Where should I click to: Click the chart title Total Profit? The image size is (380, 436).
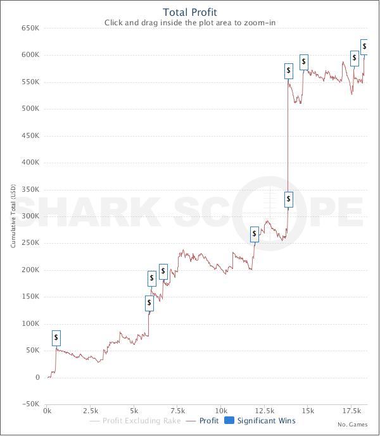189,12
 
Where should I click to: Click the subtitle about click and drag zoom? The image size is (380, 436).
189,23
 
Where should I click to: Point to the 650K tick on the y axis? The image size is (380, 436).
30,28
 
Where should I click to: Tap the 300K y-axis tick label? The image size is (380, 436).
30,216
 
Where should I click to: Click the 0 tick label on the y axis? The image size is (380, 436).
38,378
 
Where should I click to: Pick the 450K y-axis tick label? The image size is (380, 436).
30,136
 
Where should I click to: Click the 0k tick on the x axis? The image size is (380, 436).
47,411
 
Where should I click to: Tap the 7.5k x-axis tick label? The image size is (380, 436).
177,411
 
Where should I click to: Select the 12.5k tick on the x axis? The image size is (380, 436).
264,411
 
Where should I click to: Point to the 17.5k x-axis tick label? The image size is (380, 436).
351,411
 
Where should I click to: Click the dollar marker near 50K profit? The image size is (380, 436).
56,337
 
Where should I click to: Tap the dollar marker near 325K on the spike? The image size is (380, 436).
289,199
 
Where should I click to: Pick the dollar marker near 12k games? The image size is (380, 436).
255,234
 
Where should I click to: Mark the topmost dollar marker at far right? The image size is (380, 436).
364,46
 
